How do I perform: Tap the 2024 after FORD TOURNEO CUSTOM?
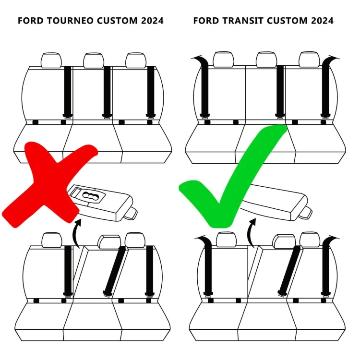click(x=149, y=21)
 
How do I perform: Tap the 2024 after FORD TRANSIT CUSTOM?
click(x=319, y=21)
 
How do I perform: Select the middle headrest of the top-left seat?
click(x=94, y=60)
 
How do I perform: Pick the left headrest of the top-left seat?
click(x=51, y=60)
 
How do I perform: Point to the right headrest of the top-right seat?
click(x=309, y=60)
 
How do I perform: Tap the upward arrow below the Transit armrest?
click(x=251, y=232)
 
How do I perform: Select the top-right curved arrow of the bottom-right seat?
click(x=331, y=240)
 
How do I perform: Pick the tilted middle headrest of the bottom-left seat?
click(x=109, y=241)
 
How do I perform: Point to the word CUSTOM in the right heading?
click(x=288, y=21)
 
